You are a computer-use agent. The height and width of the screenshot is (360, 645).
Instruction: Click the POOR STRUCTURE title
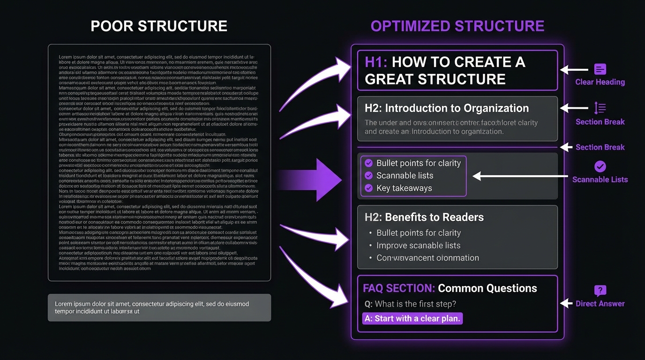click(159, 26)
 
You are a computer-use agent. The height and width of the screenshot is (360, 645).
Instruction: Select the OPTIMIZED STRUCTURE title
click(457, 26)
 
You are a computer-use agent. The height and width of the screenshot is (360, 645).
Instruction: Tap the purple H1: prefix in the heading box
click(376, 62)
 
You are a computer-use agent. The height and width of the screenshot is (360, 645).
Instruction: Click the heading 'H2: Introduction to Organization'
click(446, 108)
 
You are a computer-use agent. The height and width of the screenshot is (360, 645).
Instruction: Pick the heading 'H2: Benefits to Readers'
click(424, 217)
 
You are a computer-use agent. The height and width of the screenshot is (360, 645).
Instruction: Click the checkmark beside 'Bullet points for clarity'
click(368, 163)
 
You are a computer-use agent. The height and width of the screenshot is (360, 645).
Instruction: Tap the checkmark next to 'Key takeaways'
click(368, 188)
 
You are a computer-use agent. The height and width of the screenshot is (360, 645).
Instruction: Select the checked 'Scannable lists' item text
click(405, 176)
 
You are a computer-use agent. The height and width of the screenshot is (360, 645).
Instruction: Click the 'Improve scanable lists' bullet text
click(418, 245)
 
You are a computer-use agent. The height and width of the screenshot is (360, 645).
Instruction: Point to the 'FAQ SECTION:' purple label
click(398, 288)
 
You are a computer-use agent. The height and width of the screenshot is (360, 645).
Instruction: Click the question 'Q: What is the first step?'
click(410, 304)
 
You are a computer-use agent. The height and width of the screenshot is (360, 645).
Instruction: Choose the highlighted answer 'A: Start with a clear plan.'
click(412, 319)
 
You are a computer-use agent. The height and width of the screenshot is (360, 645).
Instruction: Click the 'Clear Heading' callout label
click(600, 82)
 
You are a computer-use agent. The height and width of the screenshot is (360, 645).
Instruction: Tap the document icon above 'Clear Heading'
click(600, 69)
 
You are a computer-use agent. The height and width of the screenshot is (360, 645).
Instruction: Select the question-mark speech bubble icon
click(600, 291)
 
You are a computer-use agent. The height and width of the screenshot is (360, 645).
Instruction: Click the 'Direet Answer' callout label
click(600, 304)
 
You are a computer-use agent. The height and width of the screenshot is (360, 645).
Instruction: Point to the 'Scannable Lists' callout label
click(600, 180)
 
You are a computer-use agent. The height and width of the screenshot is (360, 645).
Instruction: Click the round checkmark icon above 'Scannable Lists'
click(600, 166)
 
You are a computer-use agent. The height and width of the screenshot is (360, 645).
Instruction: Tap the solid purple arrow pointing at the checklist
click(319, 180)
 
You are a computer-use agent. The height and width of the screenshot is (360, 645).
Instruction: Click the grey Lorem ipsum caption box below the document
click(159, 307)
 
